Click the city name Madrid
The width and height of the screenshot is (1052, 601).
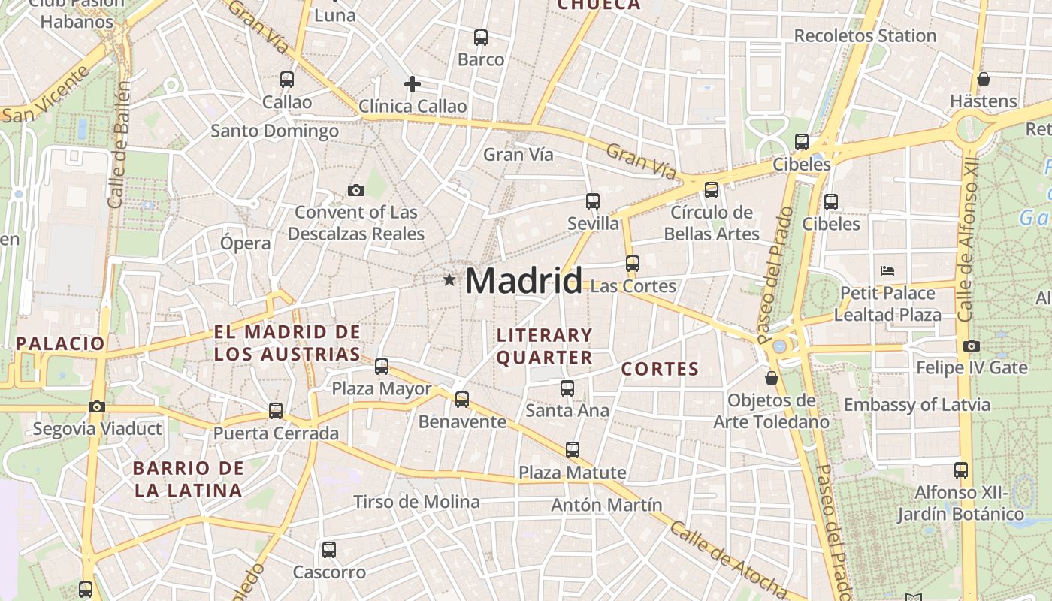(523, 281)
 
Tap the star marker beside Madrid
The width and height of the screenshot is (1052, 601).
(449, 280)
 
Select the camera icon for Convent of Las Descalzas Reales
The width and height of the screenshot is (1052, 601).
(356, 190)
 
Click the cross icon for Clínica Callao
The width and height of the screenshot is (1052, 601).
(412, 84)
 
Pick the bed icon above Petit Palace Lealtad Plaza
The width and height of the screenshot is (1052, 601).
(887, 270)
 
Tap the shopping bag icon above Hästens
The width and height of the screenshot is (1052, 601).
(983, 79)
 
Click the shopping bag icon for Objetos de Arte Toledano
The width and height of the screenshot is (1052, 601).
(771, 377)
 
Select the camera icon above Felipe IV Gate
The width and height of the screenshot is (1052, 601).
(971, 346)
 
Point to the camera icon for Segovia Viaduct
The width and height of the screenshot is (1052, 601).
(97, 406)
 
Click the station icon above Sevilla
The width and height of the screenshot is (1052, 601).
(593, 201)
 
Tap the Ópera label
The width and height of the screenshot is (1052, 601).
(245, 243)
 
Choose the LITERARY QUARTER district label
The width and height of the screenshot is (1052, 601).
(544, 346)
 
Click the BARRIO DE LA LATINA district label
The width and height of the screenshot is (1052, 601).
(188, 479)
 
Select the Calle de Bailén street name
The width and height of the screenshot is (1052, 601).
(119, 144)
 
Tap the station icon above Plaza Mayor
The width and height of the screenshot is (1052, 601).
(382, 366)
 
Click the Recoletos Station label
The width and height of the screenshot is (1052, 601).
(865, 35)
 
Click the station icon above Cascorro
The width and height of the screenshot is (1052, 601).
(329, 549)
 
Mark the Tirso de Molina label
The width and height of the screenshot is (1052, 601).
(416, 501)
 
